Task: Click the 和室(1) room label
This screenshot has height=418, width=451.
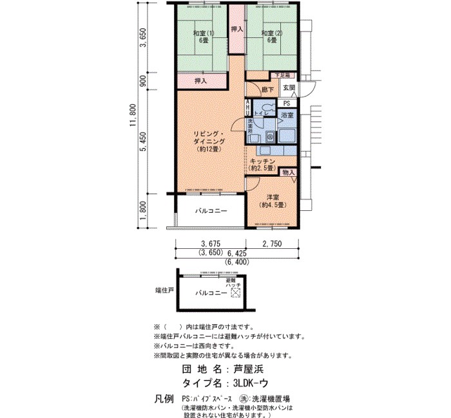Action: [204, 36]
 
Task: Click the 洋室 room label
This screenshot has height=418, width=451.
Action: [273, 201]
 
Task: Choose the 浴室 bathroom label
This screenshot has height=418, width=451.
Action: [287, 115]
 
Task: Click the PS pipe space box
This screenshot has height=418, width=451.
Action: [287, 103]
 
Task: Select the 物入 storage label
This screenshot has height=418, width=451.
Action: [288, 172]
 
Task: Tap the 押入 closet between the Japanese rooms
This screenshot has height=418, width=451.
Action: [236, 29]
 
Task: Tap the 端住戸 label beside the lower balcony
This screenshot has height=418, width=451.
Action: [164, 291]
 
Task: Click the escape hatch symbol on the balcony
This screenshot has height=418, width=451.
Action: [235, 293]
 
